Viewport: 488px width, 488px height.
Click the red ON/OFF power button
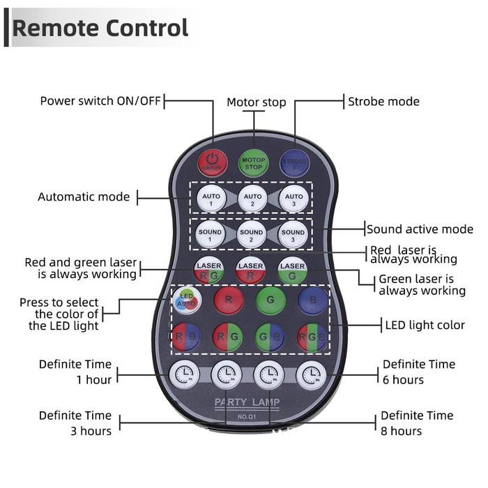point(212,162)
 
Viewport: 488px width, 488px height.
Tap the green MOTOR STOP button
point(253,162)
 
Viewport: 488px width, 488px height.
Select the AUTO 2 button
point(252,199)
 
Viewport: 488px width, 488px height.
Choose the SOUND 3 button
point(293,234)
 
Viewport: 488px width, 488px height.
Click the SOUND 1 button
point(210,234)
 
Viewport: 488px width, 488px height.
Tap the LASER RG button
point(209,270)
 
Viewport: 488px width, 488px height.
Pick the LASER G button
point(293,270)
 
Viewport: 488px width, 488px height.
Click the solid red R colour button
point(227,301)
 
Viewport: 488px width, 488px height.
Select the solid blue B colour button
point(312,301)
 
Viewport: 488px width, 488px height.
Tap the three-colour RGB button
point(312,337)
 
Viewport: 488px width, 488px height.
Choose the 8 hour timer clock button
point(311,375)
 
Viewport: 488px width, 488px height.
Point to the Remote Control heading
point(100,29)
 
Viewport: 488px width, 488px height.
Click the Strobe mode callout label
point(383,102)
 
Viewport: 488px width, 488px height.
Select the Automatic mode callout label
point(84,197)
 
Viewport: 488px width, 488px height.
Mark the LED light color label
point(425,325)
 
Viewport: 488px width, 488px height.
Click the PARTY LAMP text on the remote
point(247,404)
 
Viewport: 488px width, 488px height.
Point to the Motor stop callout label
point(256,102)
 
